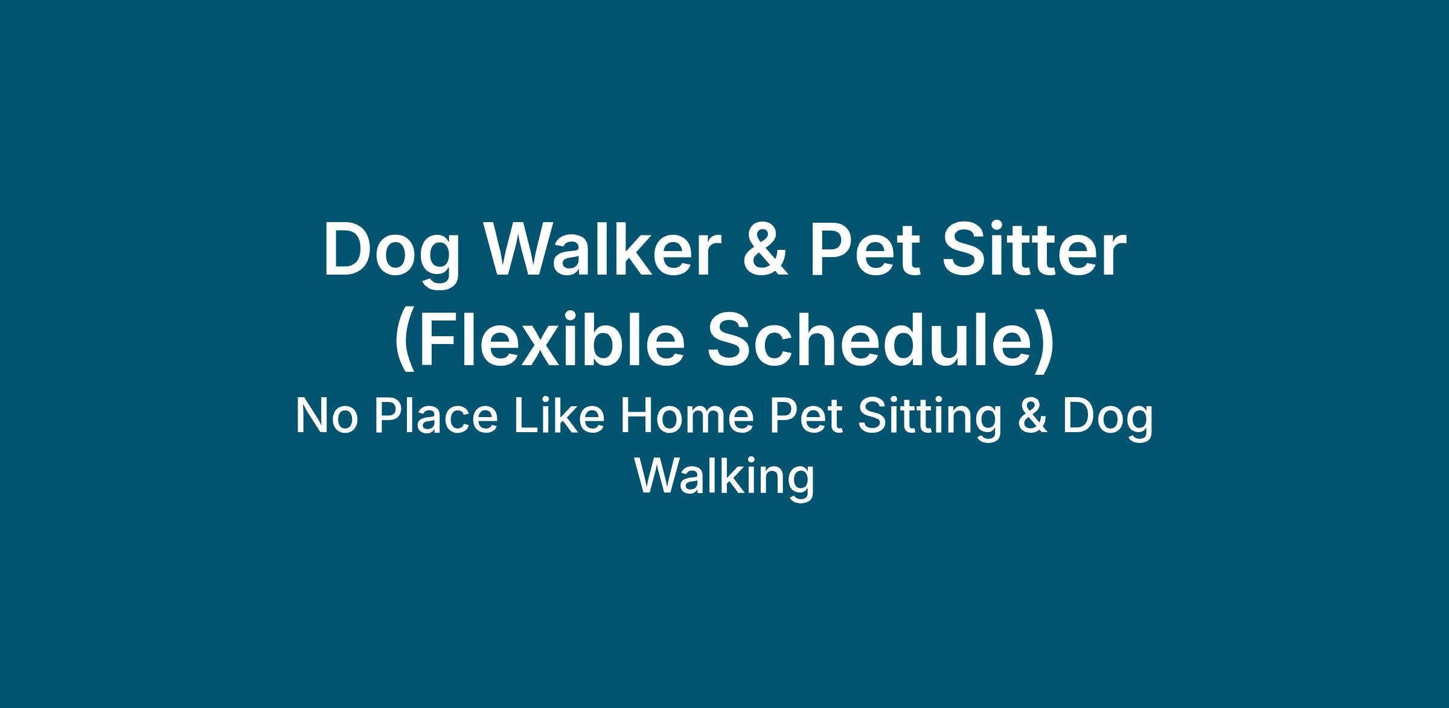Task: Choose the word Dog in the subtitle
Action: point(1107,419)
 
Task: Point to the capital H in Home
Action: point(635,416)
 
